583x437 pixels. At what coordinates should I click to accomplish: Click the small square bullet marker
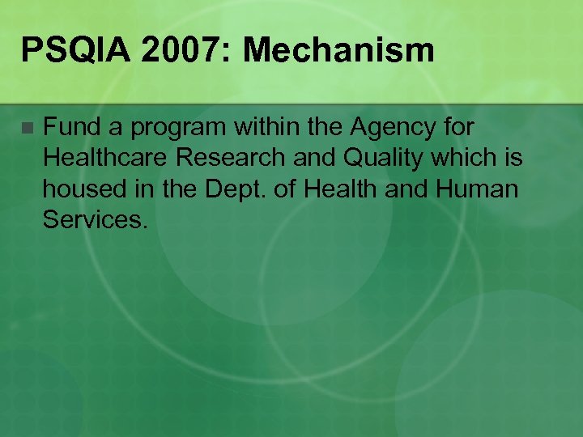coord(28,128)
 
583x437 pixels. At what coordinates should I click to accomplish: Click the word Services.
coord(96,219)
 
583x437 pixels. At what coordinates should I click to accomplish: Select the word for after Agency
coord(458,127)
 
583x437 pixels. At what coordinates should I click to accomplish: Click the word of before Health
coord(274,189)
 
